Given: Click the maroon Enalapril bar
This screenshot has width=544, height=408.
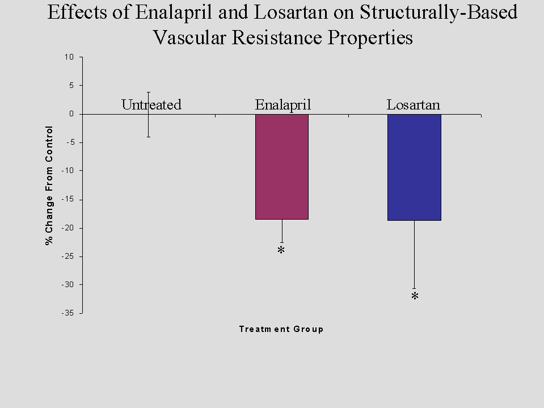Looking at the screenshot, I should pyautogui.click(x=282, y=166).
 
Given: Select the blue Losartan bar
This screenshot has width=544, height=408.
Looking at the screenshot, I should pyautogui.click(x=414, y=167).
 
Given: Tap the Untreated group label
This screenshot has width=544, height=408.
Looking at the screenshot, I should pyautogui.click(x=151, y=105).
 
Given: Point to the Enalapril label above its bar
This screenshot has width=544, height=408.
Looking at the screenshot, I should pyautogui.click(x=283, y=105).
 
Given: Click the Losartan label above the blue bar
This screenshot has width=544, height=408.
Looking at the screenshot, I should pyautogui.click(x=414, y=105).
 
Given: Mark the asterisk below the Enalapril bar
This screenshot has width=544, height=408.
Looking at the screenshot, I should pyautogui.click(x=281, y=250).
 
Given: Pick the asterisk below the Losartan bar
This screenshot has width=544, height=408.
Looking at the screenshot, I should pyautogui.click(x=415, y=297).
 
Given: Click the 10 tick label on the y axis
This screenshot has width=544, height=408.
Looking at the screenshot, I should pyautogui.click(x=70, y=57).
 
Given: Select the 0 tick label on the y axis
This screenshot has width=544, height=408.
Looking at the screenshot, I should pyautogui.click(x=73, y=114).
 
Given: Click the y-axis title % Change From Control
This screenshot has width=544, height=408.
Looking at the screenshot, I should pyautogui.click(x=49, y=186).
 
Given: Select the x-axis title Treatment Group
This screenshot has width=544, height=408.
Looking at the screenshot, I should pyautogui.click(x=281, y=329).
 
